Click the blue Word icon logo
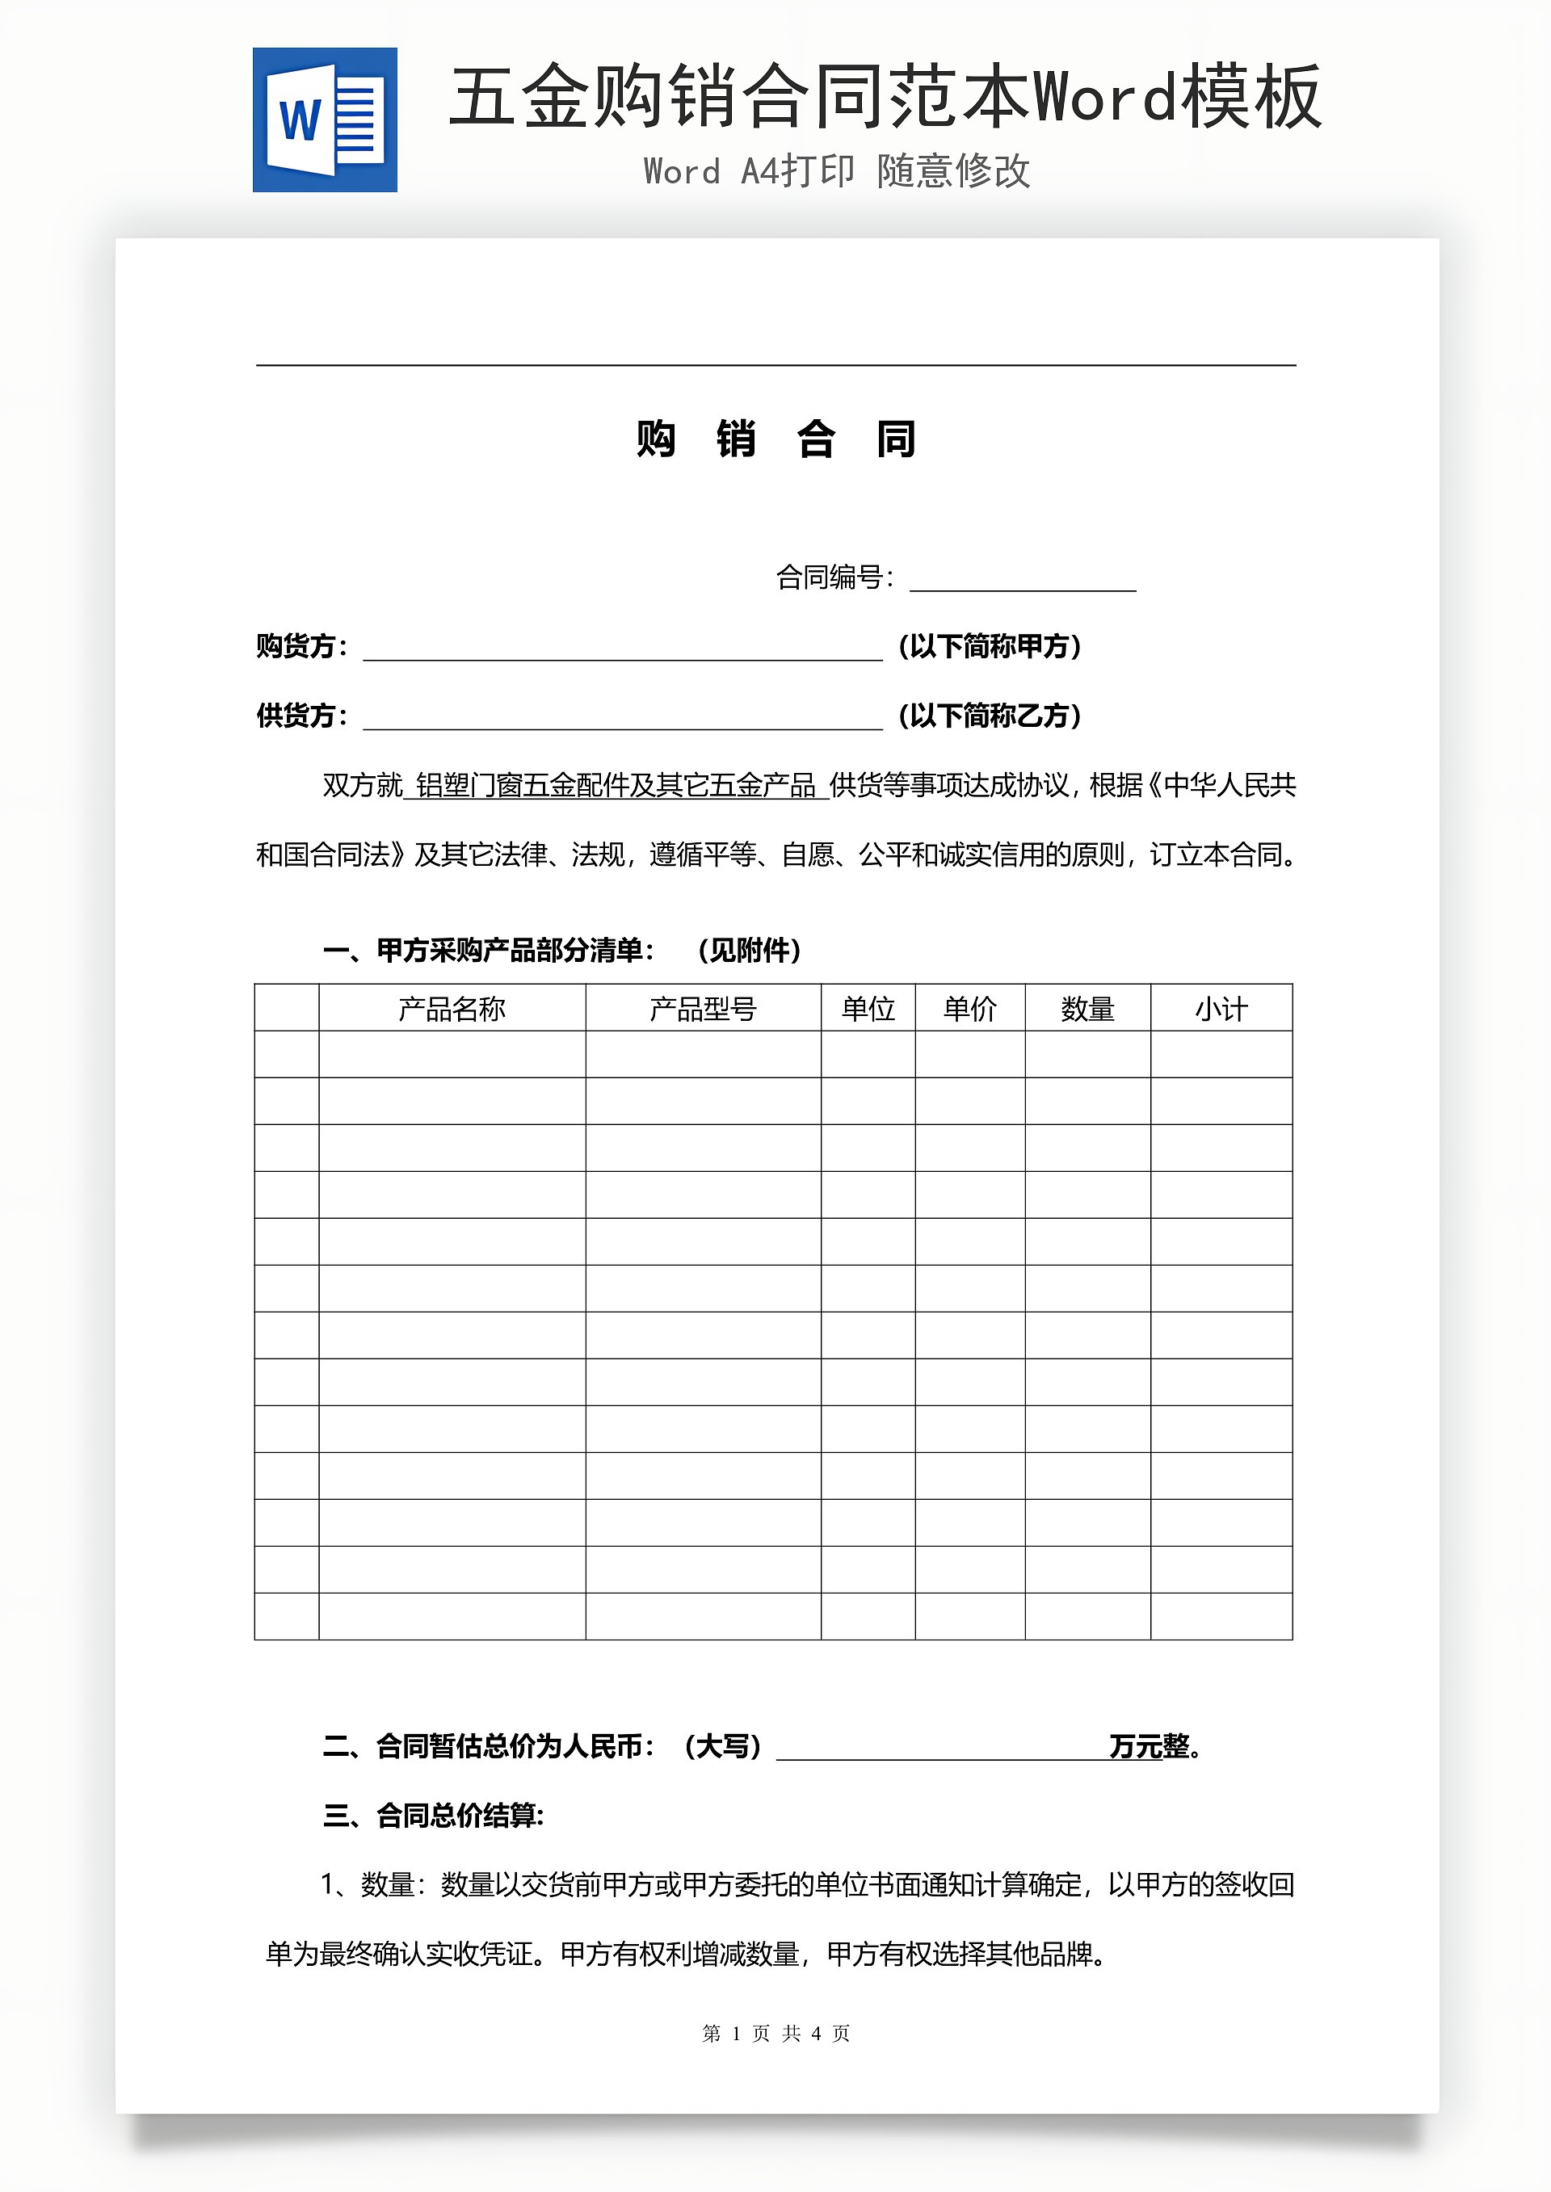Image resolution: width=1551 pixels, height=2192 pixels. pyautogui.click(x=325, y=120)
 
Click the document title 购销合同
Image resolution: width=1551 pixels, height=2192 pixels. pyautogui.click(x=775, y=439)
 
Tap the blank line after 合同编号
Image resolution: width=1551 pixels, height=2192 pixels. pyautogui.click(x=1022, y=578)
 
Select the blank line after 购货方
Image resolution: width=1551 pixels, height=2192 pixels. pyautogui.click(x=623, y=647)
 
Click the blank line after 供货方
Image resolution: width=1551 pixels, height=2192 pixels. pyautogui.click(x=623, y=717)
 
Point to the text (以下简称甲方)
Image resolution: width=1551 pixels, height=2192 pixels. pyautogui.click(x=990, y=646)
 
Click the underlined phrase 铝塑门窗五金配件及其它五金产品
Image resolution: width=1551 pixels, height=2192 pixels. pyautogui.click(x=616, y=786)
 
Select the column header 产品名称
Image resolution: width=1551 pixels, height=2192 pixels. pyautogui.click(x=452, y=1008)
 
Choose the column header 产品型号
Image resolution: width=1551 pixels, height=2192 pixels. pyautogui.click(x=703, y=1008)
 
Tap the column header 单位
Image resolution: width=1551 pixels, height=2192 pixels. pyautogui.click(x=868, y=1008)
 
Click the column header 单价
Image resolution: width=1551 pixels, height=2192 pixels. pyautogui.click(x=969, y=1008)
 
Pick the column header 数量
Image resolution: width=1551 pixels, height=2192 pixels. pyautogui.click(x=1088, y=1008)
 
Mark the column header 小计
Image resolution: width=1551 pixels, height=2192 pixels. pyautogui.click(x=1221, y=1008)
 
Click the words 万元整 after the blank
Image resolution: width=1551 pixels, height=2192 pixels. pyautogui.click(x=1149, y=1746)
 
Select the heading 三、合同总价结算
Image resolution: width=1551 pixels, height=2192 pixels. pyautogui.click(x=434, y=1815)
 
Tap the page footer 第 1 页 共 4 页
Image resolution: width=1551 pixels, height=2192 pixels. pyautogui.click(x=775, y=2034)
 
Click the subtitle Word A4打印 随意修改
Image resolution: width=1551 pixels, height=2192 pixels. pyautogui.click(x=837, y=172)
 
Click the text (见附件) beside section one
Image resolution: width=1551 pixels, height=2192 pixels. pyautogui.click(x=749, y=950)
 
